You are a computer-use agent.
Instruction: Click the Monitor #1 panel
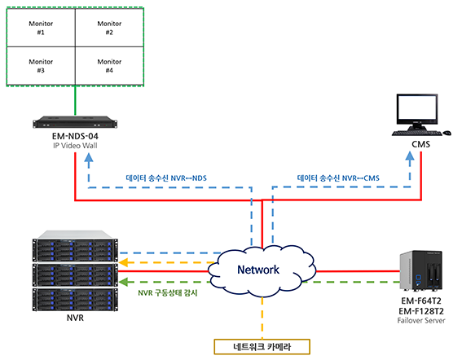[41, 28]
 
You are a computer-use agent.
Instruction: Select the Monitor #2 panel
[109, 28]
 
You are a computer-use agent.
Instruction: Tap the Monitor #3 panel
[41, 66]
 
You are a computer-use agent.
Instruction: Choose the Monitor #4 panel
[109, 66]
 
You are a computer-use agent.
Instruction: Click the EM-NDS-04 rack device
[75, 122]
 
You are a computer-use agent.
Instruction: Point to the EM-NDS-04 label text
[75, 136]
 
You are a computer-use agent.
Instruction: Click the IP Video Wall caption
[75, 146]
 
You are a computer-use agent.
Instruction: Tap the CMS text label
[420, 144]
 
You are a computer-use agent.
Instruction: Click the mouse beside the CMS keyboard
[447, 133]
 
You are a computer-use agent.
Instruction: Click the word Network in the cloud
[258, 270]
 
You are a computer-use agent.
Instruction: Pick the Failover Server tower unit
[420, 270]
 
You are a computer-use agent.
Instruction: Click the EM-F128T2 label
[421, 311]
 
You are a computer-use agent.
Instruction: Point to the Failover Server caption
[421, 321]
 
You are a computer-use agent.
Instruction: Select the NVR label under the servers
[75, 318]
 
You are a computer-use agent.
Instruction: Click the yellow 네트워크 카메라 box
[262, 347]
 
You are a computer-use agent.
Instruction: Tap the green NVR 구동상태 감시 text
[168, 293]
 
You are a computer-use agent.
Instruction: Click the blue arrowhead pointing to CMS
[410, 156]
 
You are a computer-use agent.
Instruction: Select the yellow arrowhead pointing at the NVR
[124, 262]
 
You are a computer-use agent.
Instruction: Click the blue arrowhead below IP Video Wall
[89, 158]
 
